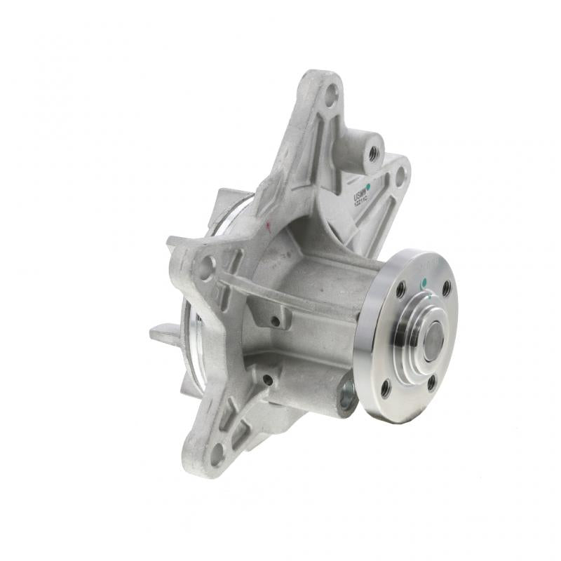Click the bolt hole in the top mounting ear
(x=330, y=97)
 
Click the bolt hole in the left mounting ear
(x=206, y=267)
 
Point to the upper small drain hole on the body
(x=275, y=322)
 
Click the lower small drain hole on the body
(x=267, y=379)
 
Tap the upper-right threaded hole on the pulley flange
(x=446, y=288)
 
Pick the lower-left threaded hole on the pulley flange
(x=385, y=388)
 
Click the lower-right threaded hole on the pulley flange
(x=431, y=382)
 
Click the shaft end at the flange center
(x=433, y=339)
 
